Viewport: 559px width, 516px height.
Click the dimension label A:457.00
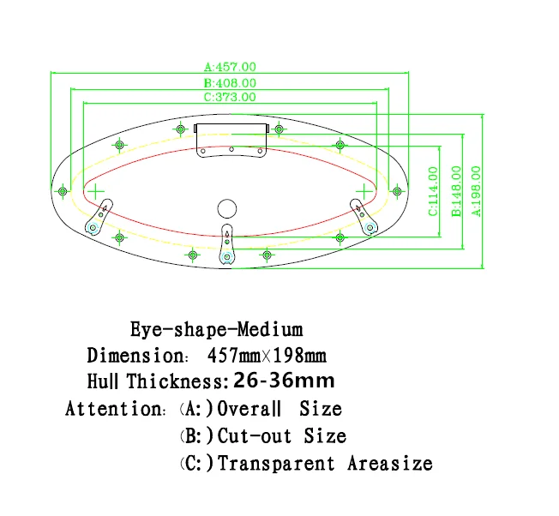coord(230,66)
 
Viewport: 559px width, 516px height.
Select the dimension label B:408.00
coord(230,82)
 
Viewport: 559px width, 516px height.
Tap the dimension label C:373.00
coord(230,97)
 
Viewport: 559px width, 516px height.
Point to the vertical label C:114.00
coord(434,190)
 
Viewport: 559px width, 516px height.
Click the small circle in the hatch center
coord(226,207)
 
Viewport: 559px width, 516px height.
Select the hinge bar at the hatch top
coord(231,129)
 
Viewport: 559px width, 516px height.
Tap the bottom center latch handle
coord(227,245)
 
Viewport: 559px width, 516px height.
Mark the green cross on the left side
coord(96,189)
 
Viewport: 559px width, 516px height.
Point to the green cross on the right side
coord(364,189)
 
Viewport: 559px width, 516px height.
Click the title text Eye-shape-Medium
coord(216,329)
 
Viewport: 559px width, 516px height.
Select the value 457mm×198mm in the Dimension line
coord(267,355)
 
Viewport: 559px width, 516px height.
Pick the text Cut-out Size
coord(282,436)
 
